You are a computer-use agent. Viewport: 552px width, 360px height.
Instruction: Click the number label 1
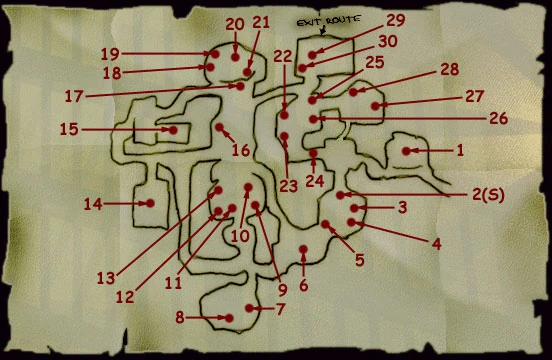pyautogui.click(x=460, y=151)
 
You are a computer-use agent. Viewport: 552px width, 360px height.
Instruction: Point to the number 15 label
pyautogui.click(x=69, y=129)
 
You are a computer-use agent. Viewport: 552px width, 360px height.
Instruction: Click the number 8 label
pyautogui.click(x=180, y=318)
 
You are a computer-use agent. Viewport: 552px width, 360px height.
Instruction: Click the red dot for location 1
pyautogui.click(x=407, y=151)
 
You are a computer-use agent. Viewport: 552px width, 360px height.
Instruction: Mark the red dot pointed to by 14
pyautogui.click(x=151, y=203)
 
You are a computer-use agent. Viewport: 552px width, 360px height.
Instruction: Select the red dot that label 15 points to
pyautogui.click(x=172, y=129)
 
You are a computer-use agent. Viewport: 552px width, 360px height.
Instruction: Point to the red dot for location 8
pyautogui.click(x=229, y=318)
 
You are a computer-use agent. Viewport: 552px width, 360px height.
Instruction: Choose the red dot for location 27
pyautogui.click(x=376, y=104)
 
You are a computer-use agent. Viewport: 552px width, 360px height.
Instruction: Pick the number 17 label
pyautogui.click(x=73, y=97)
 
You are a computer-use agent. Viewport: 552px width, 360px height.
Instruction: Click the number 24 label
pyautogui.click(x=314, y=182)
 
